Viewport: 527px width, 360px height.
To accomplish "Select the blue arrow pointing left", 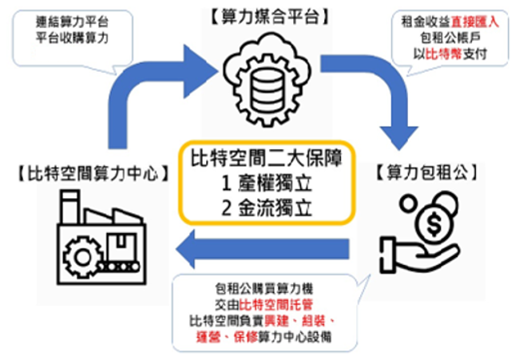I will [263, 254].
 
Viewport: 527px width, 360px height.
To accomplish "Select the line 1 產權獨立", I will [266, 183].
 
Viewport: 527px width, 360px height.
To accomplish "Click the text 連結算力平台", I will [76, 19].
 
